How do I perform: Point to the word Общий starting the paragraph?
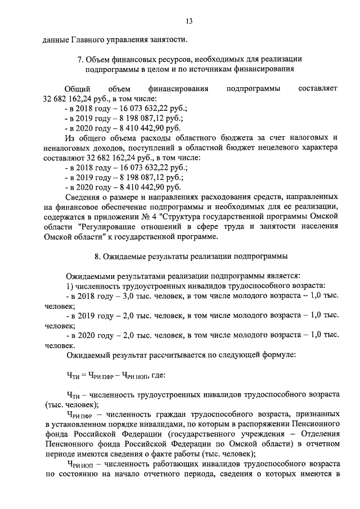tap(76, 89)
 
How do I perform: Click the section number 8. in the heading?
tap(98, 257)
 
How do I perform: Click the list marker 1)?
tap(70, 286)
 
